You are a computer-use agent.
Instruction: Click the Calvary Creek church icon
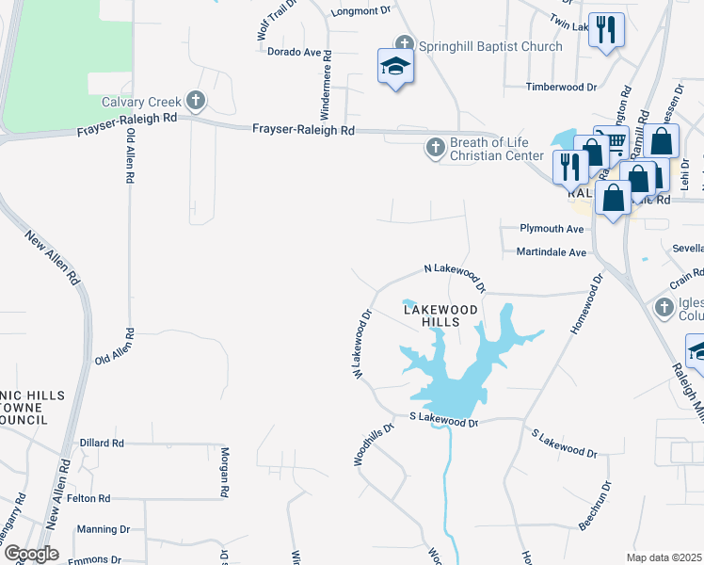(x=196, y=100)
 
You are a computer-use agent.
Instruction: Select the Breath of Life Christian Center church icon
(x=435, y=147)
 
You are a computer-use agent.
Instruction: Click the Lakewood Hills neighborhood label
(x=440, y=315)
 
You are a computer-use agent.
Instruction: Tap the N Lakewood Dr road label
(x=456, y=277)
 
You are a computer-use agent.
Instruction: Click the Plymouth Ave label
(x=552, y=229)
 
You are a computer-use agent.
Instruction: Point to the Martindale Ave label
(x=551, y=252)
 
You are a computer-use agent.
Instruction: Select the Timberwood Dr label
(x=562, y=87)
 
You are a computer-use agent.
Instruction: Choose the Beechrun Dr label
(x=596, y=505)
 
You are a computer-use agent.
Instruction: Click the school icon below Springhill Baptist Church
(x=395, y=67)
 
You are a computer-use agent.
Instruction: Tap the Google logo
(x=30, y=554)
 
